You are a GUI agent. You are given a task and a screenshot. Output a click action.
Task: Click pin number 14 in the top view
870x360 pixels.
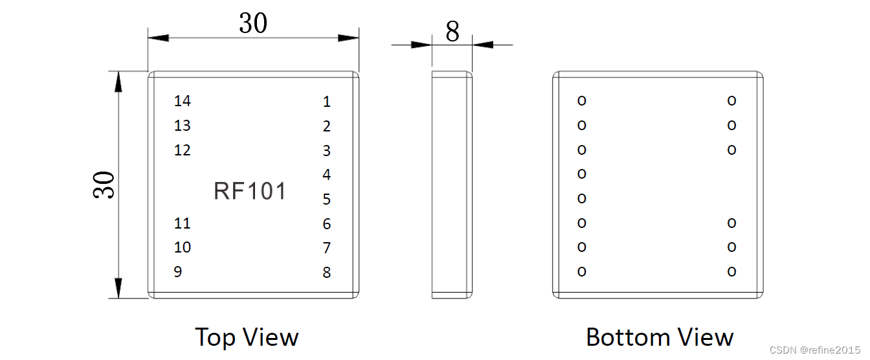pyautogui.click(x=183, y=101)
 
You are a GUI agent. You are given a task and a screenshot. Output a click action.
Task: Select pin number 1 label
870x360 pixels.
pyautogui.click(x=327, y=102)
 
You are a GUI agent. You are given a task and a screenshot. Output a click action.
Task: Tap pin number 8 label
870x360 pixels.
pyautogui.click(x=327, y=273)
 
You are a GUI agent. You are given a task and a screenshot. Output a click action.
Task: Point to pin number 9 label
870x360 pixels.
pyautogui.click(x=178, y=272)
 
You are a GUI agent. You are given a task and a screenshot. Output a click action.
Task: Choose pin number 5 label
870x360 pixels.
pyautogui.click(x=327, y=199)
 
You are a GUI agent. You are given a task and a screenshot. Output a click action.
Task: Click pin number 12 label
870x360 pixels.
pyautogui.click(x=183, y=150)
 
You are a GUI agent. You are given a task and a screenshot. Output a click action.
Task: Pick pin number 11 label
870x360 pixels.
pyautogui.click(x=183, y=223)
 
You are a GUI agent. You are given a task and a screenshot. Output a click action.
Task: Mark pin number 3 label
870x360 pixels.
pyautogui.click(x=327, y=151)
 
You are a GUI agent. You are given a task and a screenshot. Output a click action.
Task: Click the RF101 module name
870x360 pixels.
pyautogui.click(x=250, y=192)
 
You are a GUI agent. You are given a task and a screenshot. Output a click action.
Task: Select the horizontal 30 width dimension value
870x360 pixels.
pyautogui.click(x=253, y=24)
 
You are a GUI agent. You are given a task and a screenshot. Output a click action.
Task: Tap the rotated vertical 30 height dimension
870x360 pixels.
pyautogui.click(x=104, y=185)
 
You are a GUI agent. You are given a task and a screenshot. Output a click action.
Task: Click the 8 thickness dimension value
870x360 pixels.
pyautogui.click(x=452, y=31)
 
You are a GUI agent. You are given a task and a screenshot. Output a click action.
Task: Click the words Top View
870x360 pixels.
pyautogui.click(x=247, y=337)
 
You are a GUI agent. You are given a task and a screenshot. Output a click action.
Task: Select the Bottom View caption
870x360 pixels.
pyautogui.click(x=660, y=337)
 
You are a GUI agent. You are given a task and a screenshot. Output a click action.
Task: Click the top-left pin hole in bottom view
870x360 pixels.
pyautogui.click(x=581, y=100)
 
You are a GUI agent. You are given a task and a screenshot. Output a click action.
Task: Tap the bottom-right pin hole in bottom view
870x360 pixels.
pyautogui.click(x=731, y=271)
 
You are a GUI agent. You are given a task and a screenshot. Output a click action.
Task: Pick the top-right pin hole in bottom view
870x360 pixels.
pyautogui.click(x=731, y=100)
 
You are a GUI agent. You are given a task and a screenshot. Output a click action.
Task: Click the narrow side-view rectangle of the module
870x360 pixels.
pyautogui.click(x=452, y=185)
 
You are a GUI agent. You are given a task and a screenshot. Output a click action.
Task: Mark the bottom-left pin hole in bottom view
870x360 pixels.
pyautogui.click(x=581, y=271)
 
